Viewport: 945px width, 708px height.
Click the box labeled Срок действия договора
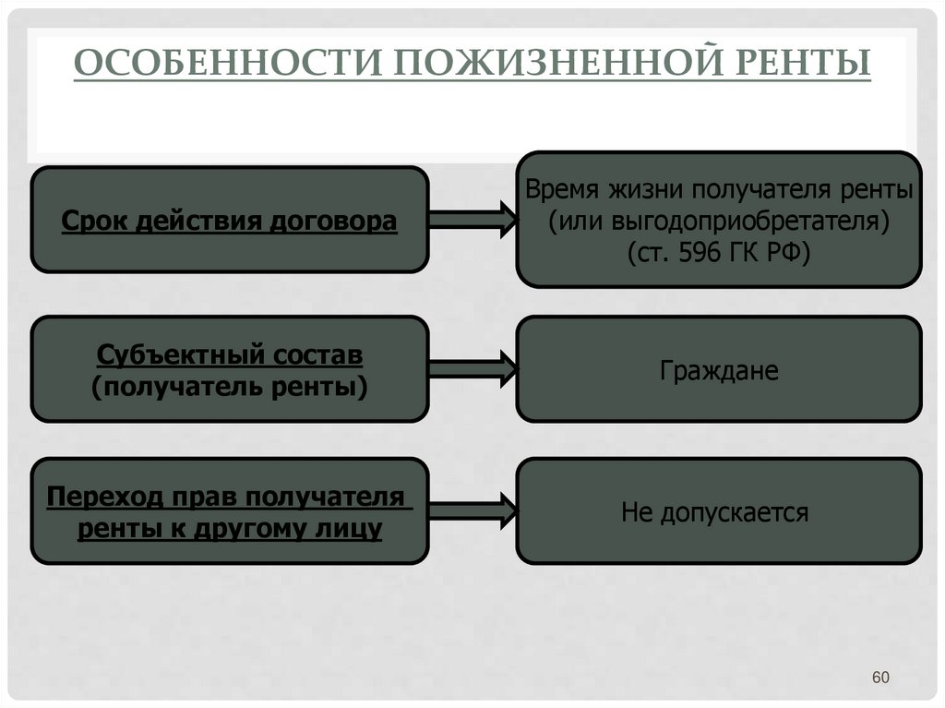[230, 220]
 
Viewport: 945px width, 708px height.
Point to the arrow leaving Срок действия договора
[471, 220]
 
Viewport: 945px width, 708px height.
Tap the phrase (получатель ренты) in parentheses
[230, 387]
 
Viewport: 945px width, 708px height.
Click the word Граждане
[719, 371]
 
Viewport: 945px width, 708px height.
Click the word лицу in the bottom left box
[353, 529]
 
